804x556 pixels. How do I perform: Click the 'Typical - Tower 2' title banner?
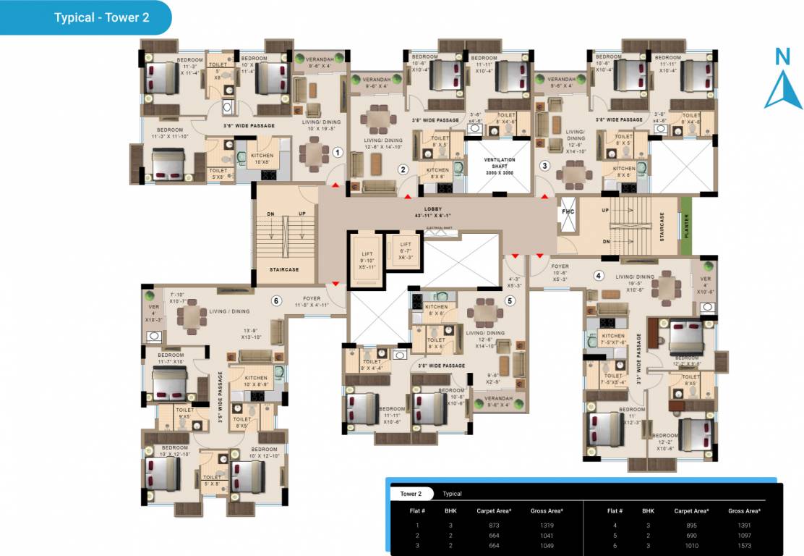click(x=101, y=17)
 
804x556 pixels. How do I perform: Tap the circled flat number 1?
click(x=337, y=153)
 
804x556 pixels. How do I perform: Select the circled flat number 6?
click(x=275, y=301)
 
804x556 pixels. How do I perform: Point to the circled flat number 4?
click(x=598, y=275)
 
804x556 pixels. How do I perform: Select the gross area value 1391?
click(x=744, y=526)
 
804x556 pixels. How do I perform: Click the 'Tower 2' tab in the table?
click(x=410, y=494)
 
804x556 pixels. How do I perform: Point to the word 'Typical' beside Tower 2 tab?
click(x=452, y=494)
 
